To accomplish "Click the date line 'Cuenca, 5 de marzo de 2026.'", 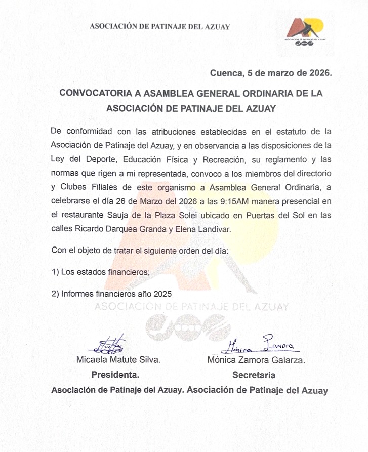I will (x=271, y=73).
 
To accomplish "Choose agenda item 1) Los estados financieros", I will (x=101, y=272).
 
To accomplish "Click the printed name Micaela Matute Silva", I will (x=118, y=360).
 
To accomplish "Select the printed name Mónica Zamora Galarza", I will (x=256, y=360).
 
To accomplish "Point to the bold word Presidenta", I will (x=115, y=375).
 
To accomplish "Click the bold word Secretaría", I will (x=254, y=375).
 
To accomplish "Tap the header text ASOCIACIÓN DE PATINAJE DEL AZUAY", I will (x=159, y=27).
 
